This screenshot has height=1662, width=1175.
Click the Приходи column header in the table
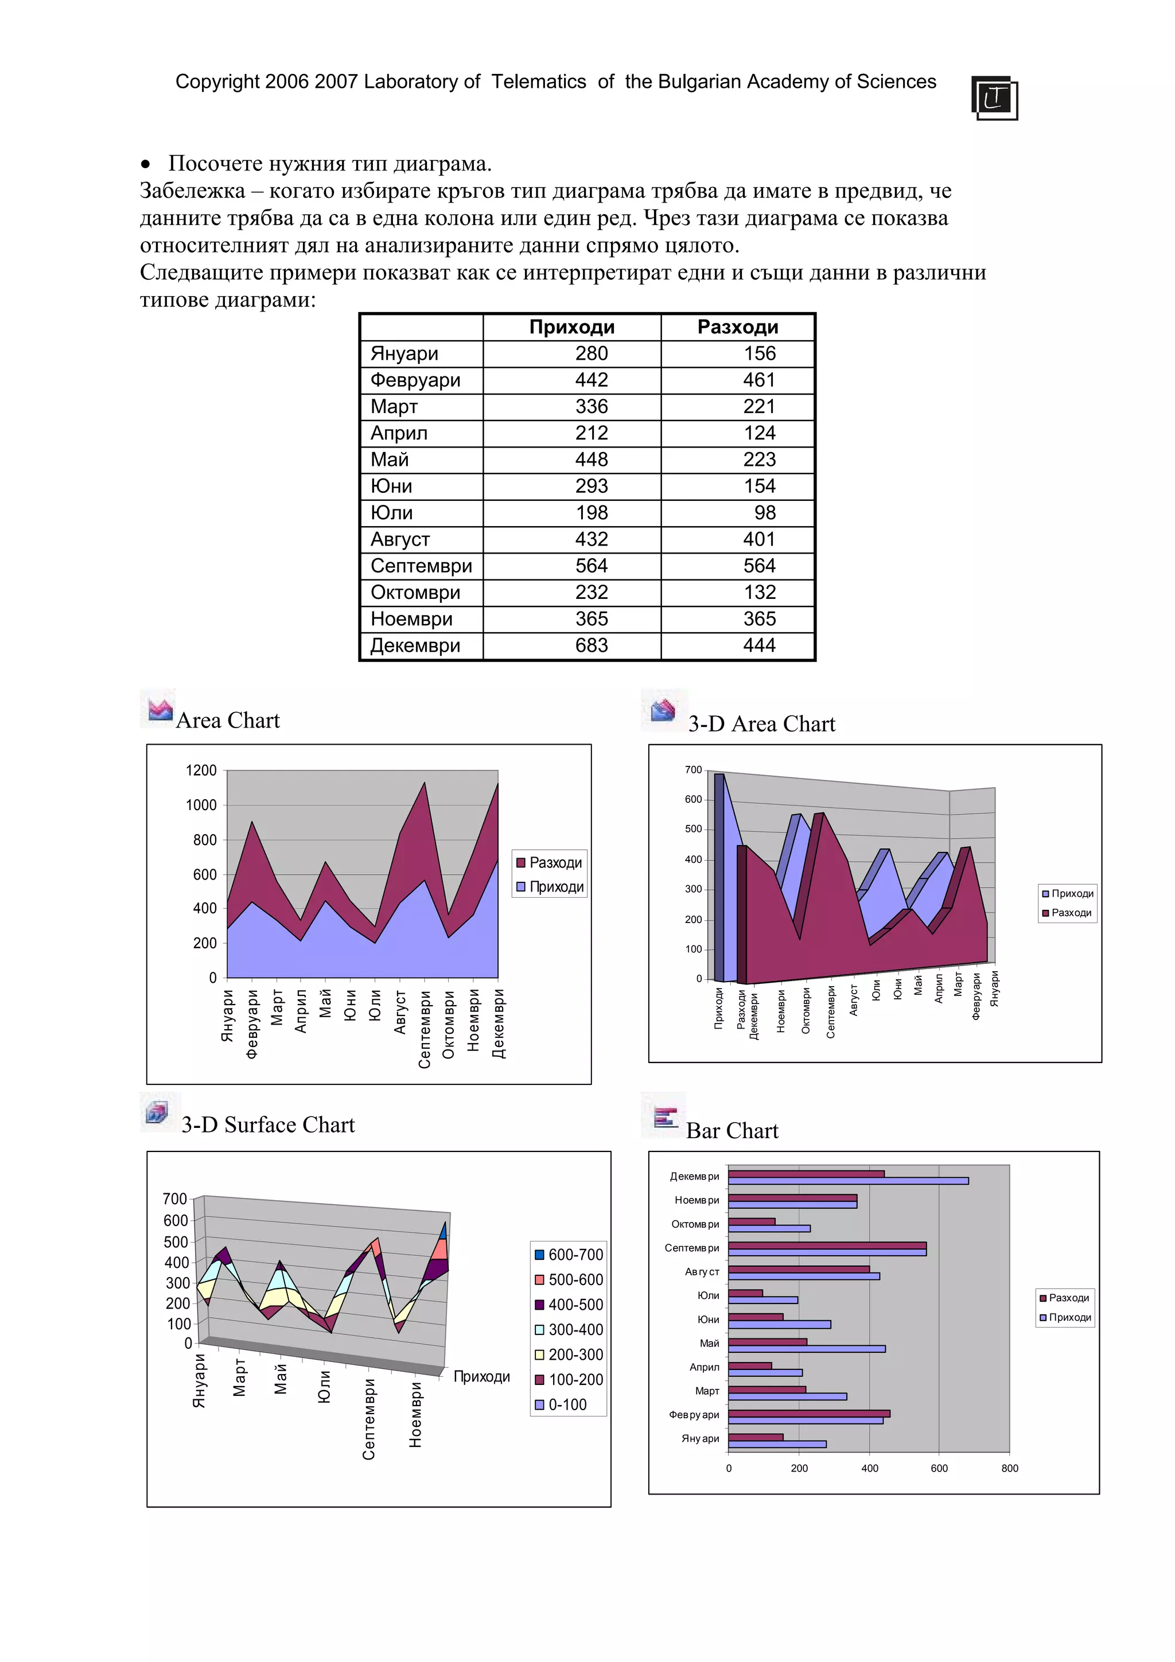click(x=571, y=327)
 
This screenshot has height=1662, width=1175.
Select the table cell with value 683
click(x=591, y=645)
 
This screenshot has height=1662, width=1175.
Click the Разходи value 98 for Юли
click(x=764, y=512)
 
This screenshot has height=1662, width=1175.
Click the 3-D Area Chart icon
click(x=663, y=710)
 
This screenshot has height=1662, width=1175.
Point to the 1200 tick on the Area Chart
click(x=201, y=770)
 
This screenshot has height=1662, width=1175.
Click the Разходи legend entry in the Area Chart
click(x=550, y=862)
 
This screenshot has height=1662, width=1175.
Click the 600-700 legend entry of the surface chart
click(x=569, y=1255)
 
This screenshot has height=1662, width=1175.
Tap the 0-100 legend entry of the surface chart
click(x=561, y=1404)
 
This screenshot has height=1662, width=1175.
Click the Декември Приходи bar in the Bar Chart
click(x=847, y=1181)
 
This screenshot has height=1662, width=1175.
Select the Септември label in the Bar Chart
click(x=691, y=1248)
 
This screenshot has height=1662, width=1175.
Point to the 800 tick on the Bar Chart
click(x=1009, y=1468)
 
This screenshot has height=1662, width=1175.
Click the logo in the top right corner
click(x=994, y=98)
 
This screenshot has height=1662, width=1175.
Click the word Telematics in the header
click(x=539, y=82)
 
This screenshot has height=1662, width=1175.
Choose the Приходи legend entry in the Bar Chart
click(x=1065, y=1317)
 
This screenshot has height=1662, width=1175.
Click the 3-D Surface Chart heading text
click(x=268, y=1125)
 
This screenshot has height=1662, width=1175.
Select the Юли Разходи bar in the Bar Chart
click(x=745, y=1293)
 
